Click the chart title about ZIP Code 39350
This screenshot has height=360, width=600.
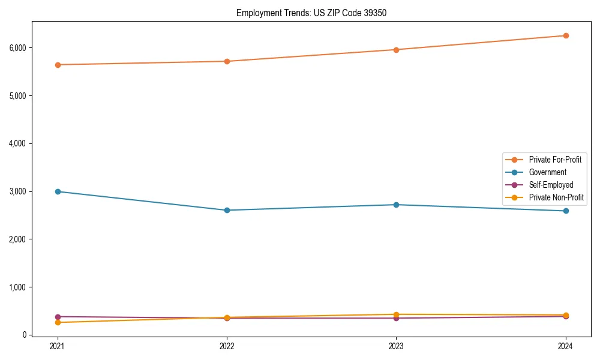click(307, 13)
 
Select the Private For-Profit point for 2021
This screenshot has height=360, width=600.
click(58, 65)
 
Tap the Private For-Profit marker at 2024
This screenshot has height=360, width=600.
click(565, 35)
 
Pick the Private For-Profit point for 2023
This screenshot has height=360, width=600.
click(396, 50)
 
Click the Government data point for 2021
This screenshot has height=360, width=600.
click(58, 191)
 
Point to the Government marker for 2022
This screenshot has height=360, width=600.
click(227, 210)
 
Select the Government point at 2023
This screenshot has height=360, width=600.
click(396, 205)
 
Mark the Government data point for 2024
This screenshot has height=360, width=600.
click(565, 211)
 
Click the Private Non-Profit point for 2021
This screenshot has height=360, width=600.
click(58, 323)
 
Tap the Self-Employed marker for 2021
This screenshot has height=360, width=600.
click(58, 317)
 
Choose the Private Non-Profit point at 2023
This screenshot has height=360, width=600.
click(396, 314)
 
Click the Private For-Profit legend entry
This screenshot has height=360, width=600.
click(554, 160)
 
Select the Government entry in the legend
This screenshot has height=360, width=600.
click(547, 172)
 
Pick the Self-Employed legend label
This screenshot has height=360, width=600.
click(551, 185)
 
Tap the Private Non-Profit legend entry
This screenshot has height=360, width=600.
click(556, 197)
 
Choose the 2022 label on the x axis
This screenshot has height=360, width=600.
click(227, 346)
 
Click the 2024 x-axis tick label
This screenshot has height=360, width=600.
click(565, 346)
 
